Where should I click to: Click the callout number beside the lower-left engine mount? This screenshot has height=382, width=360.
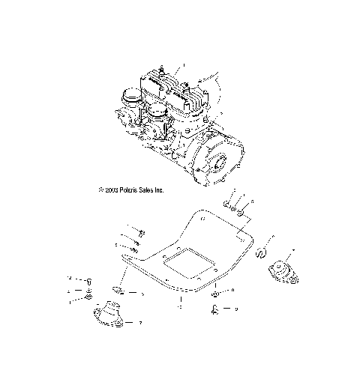(x=140, y=324)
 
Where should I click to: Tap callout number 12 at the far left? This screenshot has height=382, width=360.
(x=69, y=277)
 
